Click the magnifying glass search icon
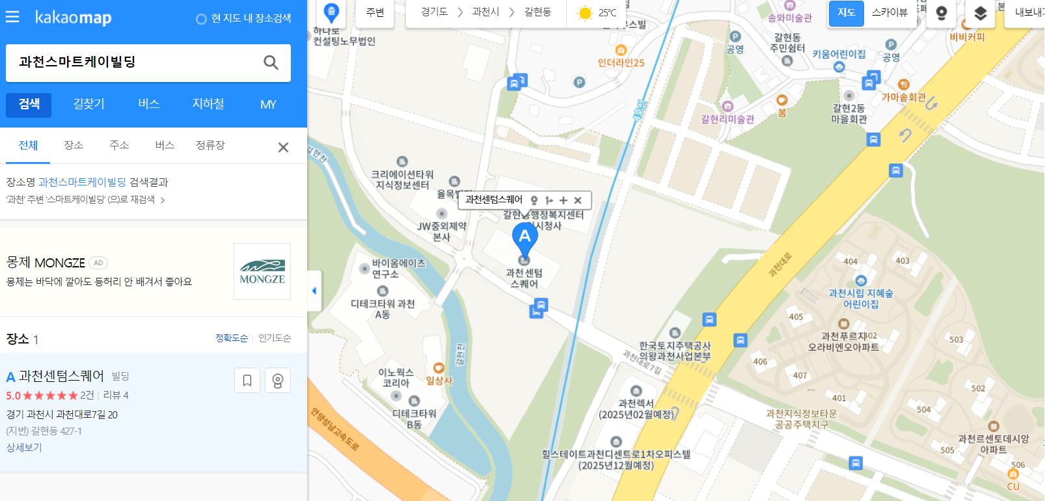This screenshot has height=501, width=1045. (271, 62)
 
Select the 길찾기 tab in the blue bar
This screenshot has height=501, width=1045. (88, 104)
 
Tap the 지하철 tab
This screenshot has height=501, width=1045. (208, 104)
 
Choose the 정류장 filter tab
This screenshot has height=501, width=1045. (210, 145)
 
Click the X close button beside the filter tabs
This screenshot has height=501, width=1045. (283, 148)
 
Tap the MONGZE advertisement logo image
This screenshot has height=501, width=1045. (262, 272)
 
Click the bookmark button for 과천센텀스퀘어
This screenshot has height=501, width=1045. (247, 381)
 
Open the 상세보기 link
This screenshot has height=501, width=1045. (24, 448)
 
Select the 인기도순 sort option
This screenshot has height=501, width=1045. (275, 338)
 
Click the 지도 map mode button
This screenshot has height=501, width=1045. (846, 13)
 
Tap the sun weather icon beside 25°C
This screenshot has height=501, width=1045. (585, 13)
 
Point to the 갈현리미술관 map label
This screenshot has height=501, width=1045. (727, 118)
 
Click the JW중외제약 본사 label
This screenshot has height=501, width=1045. (442, 231)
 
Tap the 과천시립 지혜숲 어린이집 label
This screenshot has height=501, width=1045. (860, 298)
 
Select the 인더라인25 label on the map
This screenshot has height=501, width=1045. (621, 62)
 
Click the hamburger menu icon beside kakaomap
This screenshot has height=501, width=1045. (12, 17)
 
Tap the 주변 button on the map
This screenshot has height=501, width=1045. (375, 13)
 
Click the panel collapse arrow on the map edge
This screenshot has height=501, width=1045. (314, 291)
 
